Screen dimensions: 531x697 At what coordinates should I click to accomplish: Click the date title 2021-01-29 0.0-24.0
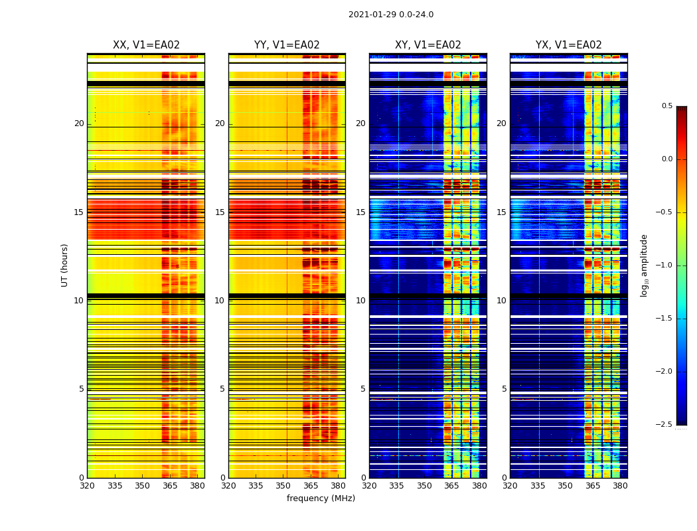coord(391,15)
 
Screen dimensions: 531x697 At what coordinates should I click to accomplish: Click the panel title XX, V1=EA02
coord(146,45)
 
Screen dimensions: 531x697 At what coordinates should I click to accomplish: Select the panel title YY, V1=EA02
coord(287,45)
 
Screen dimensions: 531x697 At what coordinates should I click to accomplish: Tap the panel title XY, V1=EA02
coord(428,45)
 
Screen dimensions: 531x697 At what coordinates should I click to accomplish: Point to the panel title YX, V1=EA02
coord(569,45)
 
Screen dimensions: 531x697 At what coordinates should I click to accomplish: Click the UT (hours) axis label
coord(65,265)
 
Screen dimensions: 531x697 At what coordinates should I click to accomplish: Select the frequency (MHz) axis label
coord(321,498)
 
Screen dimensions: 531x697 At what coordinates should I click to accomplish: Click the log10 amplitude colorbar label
coord(644,265)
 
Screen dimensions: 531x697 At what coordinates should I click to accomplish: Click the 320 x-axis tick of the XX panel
coord(88,485)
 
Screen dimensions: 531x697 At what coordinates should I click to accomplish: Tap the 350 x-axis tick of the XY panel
coord(424,485)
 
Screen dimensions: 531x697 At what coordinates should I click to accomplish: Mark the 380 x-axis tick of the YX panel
coord(620,485)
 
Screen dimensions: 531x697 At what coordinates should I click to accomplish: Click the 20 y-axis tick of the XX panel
coord(79,123)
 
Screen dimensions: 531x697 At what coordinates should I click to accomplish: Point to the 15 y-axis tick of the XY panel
coord(360,212)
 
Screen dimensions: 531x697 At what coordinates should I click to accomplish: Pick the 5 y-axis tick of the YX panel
coord(504,389)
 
